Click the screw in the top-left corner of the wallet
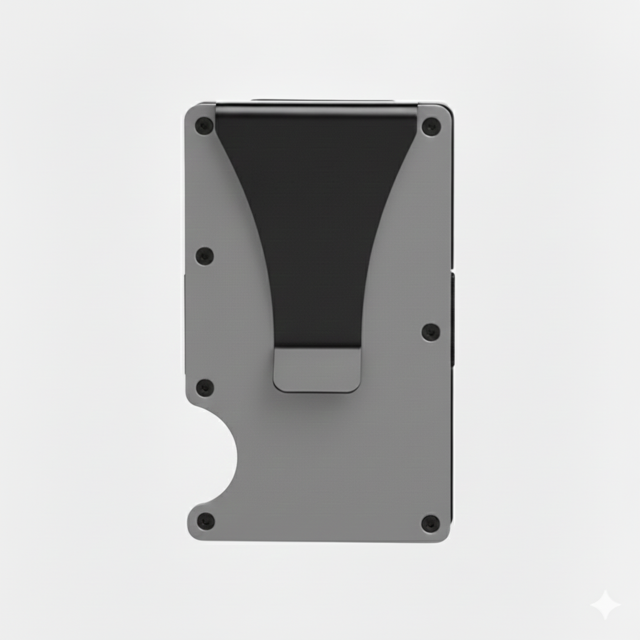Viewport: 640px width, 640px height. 204,126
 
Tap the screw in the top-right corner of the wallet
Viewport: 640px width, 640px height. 431,127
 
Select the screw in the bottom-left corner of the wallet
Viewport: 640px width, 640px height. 206,521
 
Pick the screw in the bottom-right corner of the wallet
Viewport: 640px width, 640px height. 430,523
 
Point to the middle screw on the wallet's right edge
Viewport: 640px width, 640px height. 431,332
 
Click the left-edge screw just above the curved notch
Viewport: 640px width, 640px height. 204,387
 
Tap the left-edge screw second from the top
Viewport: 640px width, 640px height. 204,256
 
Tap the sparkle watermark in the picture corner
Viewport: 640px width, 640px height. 605,605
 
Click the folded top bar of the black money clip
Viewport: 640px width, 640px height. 316,111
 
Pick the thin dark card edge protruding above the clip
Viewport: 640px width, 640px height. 322,100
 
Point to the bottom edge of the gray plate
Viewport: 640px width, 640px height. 319,540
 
